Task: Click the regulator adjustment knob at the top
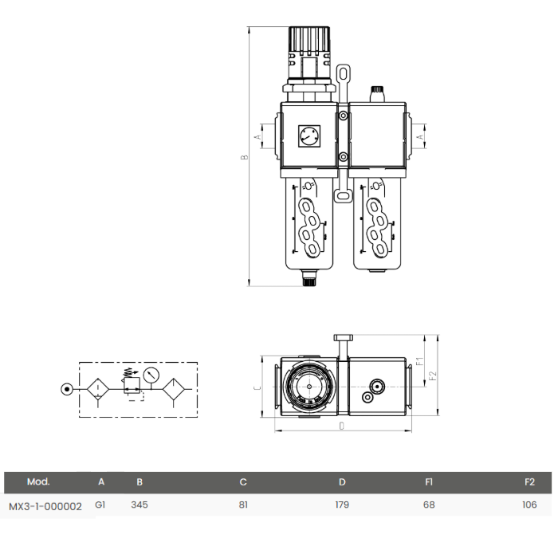(309, 40)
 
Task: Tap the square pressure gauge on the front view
(308, 136)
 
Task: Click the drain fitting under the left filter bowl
(308, 278)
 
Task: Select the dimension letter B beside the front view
(246, 156)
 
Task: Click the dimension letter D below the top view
(342, 426)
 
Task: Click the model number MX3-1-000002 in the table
(45, 505)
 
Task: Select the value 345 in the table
(139, 505)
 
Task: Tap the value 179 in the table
(342, 505)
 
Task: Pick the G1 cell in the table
(100, 505)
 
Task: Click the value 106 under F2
(529, 505)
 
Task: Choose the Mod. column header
(38, 481)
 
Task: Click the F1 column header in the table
(429, 481)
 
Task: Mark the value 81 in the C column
(243, 505)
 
